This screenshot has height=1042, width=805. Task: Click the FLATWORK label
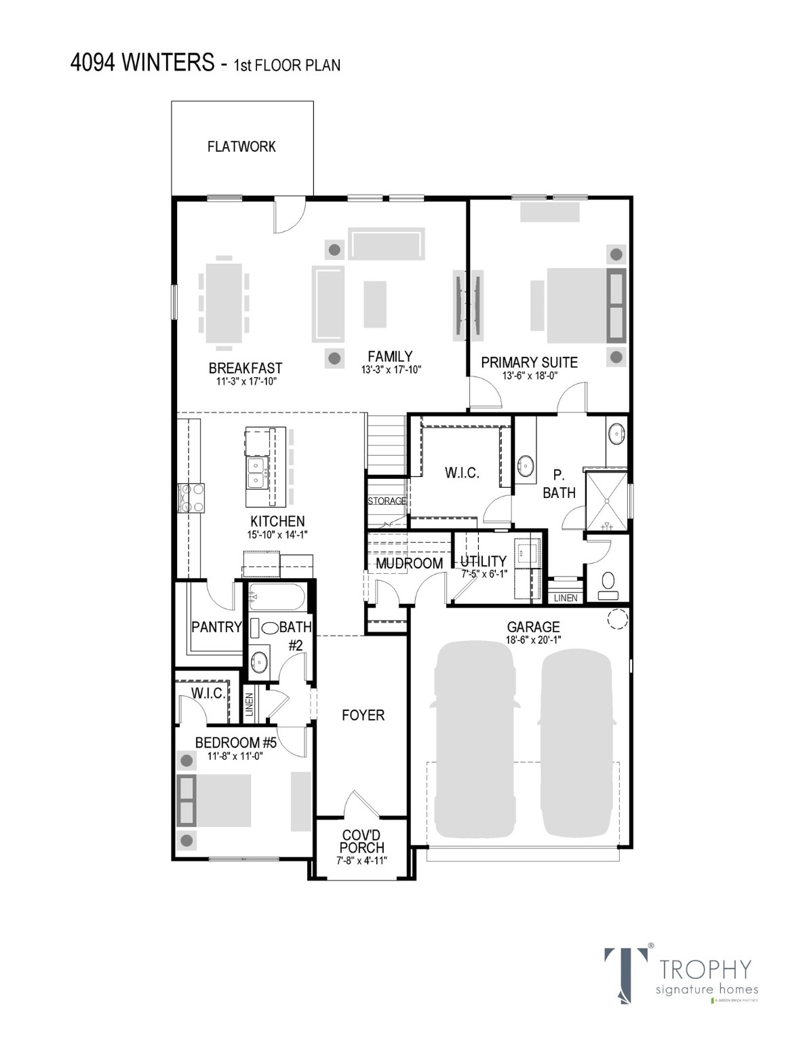[241, 147]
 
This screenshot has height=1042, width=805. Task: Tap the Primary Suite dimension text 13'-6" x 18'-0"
[530, 375]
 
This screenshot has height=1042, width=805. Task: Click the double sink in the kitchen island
[257, 473]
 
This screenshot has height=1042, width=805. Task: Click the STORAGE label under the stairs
[387, 501]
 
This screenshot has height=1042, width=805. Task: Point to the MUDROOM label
[409, 563]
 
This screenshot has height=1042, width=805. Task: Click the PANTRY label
[216, 627]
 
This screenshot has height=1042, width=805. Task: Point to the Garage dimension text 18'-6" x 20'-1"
[534, 640]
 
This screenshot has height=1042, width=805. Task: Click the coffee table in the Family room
[375, 304]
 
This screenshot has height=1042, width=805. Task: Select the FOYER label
[363, 715]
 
